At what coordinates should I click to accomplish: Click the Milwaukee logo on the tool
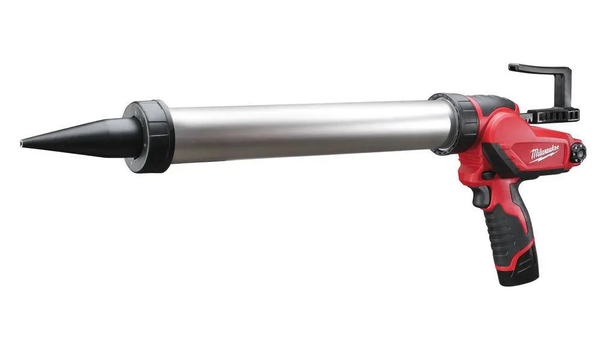pyautogui.click(x=544, y=154)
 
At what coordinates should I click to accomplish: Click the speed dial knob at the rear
pyautogui.click(x=578, y=154)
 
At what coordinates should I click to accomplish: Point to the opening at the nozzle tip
pyautogui.click(x=22, y=143)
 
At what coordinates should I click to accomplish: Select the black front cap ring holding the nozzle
pyautogui.click(x=149, y=136)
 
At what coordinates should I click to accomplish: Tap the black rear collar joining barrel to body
pyautogui.click(x=455, y=123)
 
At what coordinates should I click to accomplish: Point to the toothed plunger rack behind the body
pyautogui.click(x=553, y=115)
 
